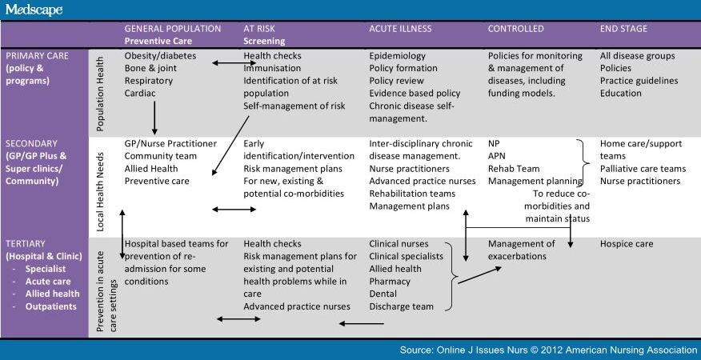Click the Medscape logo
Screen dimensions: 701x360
[34, 10]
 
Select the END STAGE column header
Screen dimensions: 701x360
[623, 29]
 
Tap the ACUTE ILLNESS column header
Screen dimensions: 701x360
[401, 29]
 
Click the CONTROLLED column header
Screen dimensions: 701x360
[515, 29]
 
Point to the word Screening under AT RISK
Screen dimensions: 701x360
[264, 42]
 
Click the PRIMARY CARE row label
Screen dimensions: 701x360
[37, 56]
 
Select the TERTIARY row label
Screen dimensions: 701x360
[26, 244]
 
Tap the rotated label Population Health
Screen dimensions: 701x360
[100, 93]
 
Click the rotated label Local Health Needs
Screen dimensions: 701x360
[100, 192]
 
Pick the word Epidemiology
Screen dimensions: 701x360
[398, 56]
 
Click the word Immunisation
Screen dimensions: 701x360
[272, 69]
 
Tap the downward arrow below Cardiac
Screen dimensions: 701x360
[154, 118]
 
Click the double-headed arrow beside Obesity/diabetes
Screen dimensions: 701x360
[234, 63]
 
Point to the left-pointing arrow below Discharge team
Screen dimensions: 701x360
[361, 323]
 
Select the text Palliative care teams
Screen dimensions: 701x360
[643, 169]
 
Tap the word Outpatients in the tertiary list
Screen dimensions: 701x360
[51, 306]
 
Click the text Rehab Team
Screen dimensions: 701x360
[514, 169]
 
